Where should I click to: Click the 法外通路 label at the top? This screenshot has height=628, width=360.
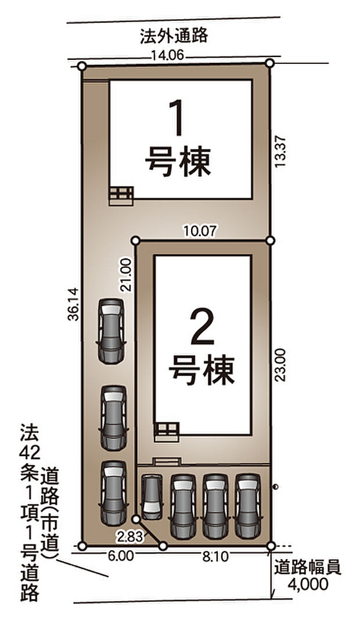point(174,37)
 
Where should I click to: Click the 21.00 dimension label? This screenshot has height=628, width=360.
point(128,274)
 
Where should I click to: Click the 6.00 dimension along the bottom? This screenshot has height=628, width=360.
point(120,556)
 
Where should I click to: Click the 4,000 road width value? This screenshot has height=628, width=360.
point(307,584)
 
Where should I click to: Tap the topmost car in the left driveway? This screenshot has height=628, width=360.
point(111,331)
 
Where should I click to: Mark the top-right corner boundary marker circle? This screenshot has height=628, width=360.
point(269,63)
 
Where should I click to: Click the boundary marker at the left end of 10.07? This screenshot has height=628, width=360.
point(135,239)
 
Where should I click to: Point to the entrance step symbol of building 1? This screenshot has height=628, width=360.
point(121,196)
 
